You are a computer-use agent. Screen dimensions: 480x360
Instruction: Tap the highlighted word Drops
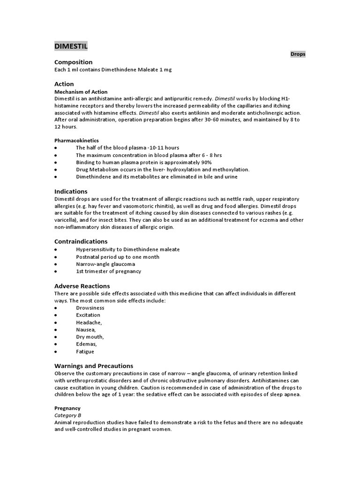pos(298,54)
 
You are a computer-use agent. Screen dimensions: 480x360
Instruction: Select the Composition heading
pos(73,62)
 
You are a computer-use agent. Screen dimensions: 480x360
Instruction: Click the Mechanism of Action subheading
pos(81,92)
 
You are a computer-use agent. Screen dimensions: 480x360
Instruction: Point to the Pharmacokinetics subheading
pos(76,140)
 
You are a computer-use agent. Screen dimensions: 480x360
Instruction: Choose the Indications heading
pos(71,191)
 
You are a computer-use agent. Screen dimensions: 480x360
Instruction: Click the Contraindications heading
pos(81,241)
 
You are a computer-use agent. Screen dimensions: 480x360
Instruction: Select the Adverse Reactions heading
pos(82,286)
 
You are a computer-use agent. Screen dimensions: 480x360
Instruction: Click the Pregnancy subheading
pos(67,408)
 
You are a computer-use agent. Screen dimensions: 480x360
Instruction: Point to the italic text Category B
pos(68,415)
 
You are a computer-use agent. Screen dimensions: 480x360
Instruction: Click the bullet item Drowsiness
pos(90,308)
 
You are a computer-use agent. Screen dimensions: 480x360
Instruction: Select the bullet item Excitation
pos(88,315)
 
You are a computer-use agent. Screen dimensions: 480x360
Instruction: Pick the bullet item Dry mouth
pos(90,337)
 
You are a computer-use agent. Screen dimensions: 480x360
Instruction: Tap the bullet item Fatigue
pos(85,352)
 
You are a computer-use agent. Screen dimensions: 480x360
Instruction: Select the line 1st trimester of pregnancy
pos(108,271)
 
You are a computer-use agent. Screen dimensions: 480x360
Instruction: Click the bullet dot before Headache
pos(56,323)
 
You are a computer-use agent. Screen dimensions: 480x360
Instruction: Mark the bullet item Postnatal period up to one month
pos(118,257)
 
